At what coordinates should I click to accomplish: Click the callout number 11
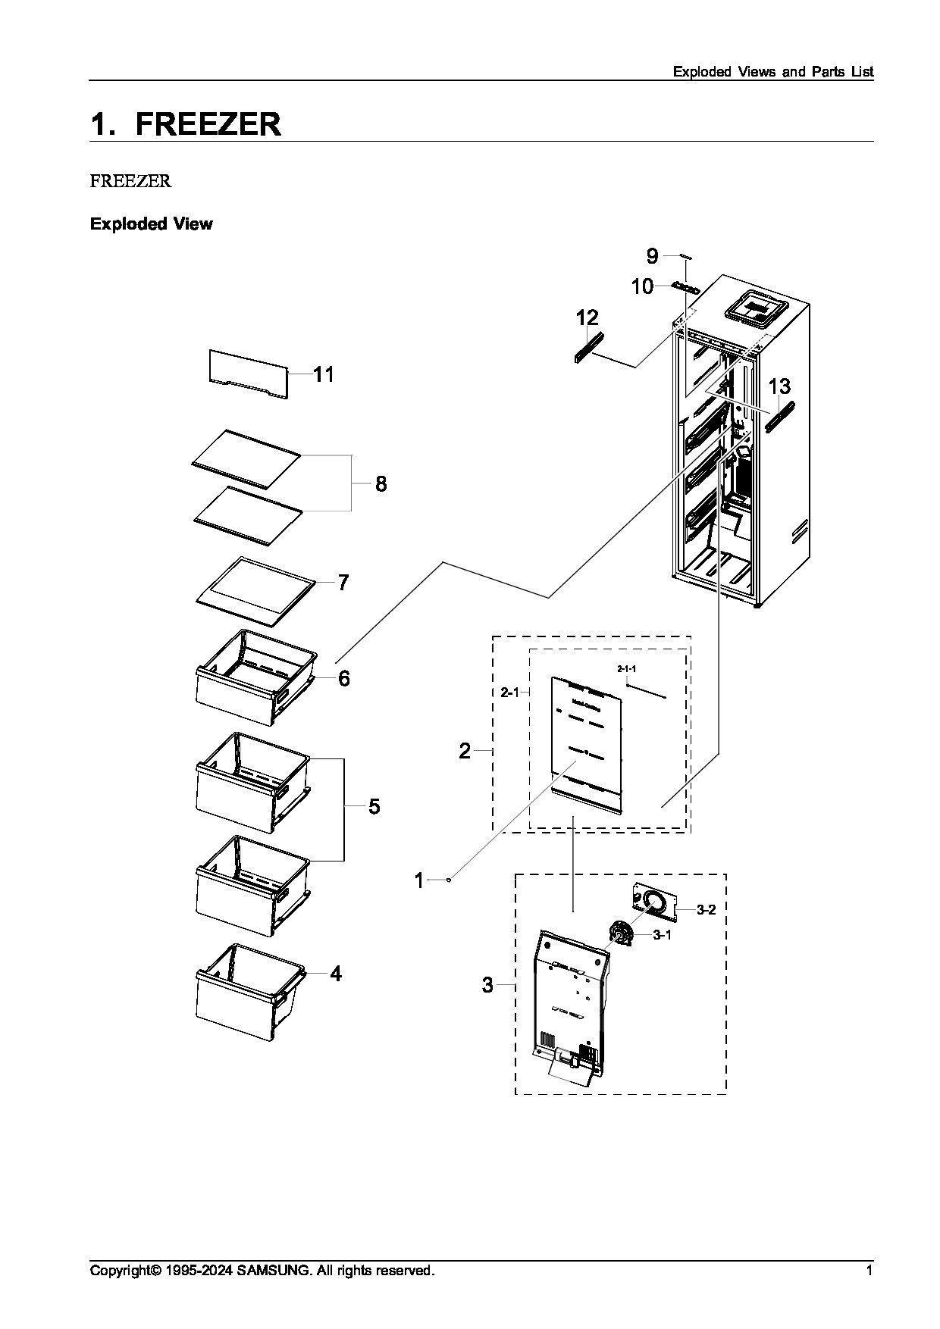click(x=324, y=374)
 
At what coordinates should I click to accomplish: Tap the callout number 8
click(x=381, y=483)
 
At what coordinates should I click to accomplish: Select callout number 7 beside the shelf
click(x=343, y=583)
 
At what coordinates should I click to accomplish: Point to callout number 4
click(x=336, y=974)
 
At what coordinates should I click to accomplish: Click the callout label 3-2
click(x=706, y=910)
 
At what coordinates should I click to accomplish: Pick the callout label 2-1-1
click(x=626, y=669)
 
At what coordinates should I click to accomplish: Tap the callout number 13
click(x=779, y=387)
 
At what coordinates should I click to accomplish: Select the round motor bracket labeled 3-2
click(x=653, y=901)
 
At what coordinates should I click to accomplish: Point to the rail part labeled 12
click(x=589, y=347)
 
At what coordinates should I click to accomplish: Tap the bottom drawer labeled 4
click(x=250, y=991)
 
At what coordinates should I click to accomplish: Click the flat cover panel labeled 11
click(x=249, y=374)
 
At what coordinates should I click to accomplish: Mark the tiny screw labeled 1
click(x=450, y=880)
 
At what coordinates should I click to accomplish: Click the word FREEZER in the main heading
click(x=208, y=124)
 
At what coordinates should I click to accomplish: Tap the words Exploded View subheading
click(x=152, y=224)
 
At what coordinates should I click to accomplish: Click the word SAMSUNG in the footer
click(x=274, y=1271)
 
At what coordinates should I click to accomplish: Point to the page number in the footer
click(x=869, y=1271)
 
